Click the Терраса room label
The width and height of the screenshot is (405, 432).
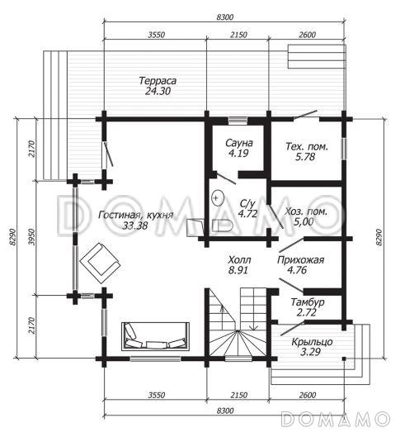(x=158, y=81)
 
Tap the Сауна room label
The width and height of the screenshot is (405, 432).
(x=239, y=143)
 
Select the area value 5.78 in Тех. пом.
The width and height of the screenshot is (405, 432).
(x=305, y=157)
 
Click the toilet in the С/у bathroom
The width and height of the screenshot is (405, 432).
(x=223, y=225)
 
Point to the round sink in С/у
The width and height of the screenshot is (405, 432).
(x=218, y=198)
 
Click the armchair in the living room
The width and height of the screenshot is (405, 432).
(x=100, y=263)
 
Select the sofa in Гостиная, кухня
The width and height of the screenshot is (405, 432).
(x=156, y=336)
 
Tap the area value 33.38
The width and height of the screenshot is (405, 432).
(x=135, y=226)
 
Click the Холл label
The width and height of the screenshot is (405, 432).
(x=239, y=260)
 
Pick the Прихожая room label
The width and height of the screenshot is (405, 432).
(x=300, y=260)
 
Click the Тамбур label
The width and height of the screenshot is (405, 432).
(x=308, y=302)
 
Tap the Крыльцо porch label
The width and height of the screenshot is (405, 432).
(x=312, y=342)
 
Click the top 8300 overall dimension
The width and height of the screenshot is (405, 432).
(x=225, y=17)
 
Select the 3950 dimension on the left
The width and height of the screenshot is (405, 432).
(x=32, y=237)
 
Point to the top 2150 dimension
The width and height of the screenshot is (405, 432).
(x=238, y=35)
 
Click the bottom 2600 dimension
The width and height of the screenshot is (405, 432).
(x=307, y=395)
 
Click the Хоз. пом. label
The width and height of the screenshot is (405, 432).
(x=306, y=211)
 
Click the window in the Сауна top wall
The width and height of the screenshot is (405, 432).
(x=238, y=120)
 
